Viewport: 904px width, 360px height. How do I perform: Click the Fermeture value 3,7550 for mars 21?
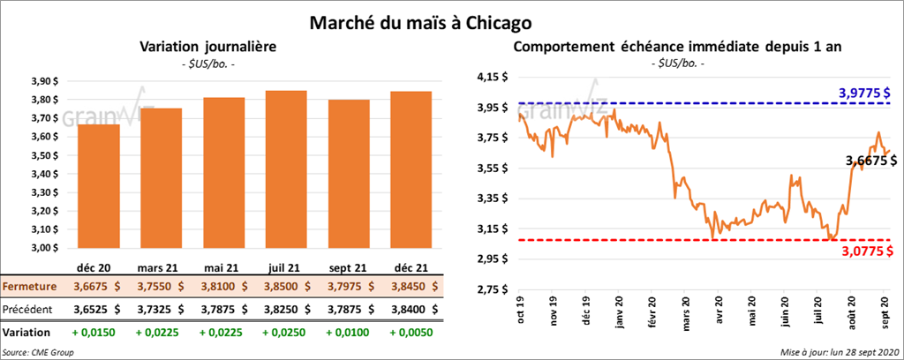pos(162,287)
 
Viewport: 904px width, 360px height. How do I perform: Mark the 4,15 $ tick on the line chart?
pos(491,78)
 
